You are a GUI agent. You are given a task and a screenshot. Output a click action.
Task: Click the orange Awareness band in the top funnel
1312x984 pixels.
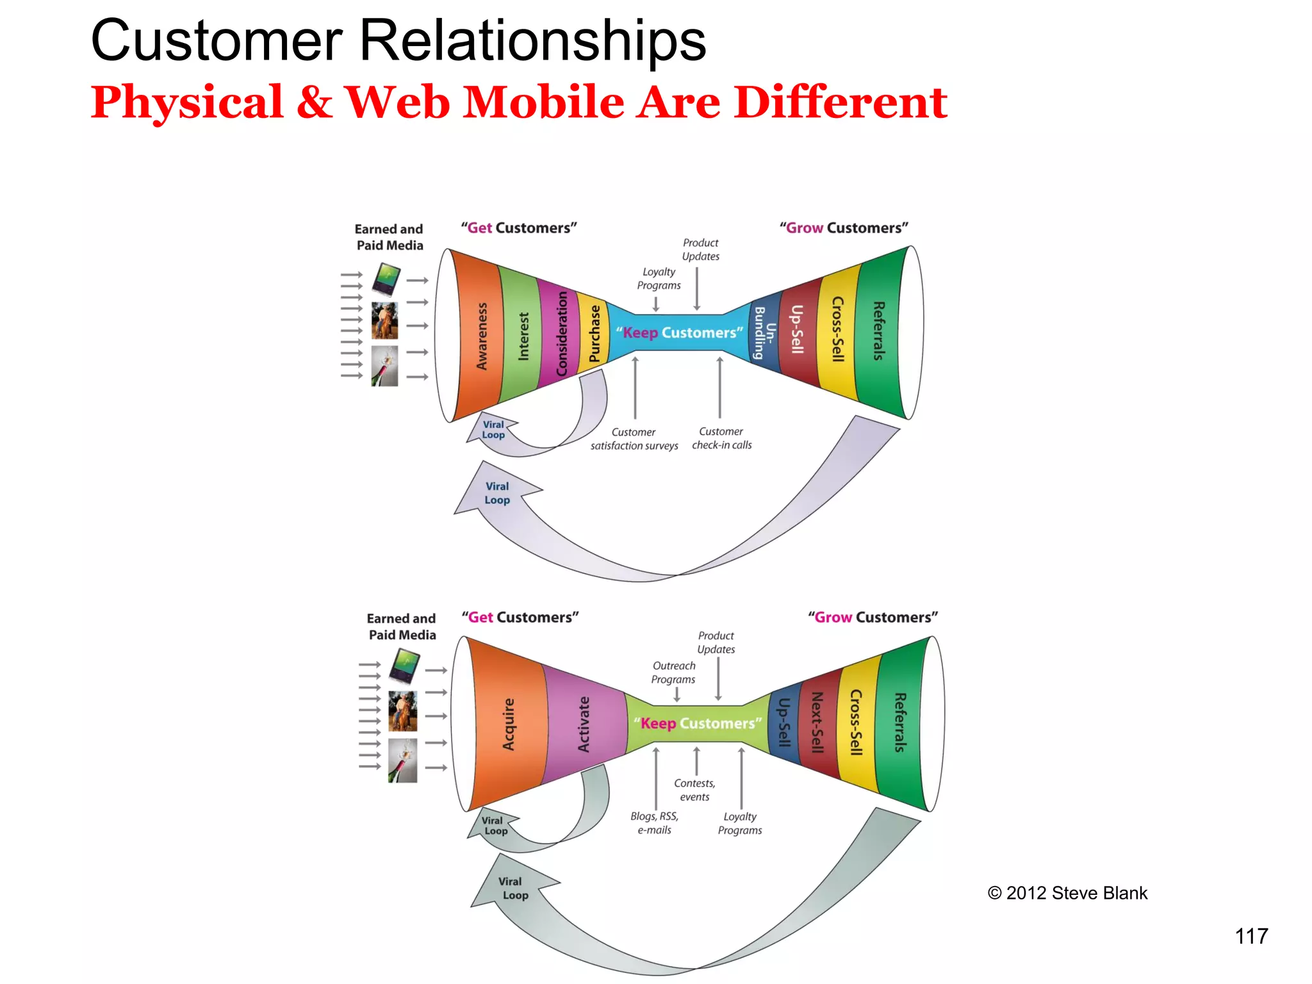click(x=481, y=336)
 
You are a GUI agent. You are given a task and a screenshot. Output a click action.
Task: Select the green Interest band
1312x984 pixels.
click(x=523, y=336)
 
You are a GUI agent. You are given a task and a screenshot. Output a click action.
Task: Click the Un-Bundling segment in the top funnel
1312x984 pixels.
click(x=764, y=332)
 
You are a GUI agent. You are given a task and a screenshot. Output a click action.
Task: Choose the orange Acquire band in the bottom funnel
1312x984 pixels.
click(x=508, y=725)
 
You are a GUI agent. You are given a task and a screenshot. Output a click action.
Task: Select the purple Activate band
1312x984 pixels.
click(x=583, y=725)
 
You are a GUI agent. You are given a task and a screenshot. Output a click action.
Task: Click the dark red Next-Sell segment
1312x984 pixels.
click(x=817, y=723)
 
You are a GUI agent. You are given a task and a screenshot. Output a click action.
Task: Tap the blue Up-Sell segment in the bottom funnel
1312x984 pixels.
click(x=783, y=723)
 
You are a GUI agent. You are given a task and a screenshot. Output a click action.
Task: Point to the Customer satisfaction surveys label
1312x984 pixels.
click(x=634, y=439)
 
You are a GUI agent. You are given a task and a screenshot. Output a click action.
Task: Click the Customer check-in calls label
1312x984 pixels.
click(x=721, y=438)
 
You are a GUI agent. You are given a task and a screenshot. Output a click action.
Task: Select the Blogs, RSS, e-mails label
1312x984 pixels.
click(x=654, y=823)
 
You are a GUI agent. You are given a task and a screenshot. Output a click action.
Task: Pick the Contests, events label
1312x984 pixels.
click(x=694, y=790)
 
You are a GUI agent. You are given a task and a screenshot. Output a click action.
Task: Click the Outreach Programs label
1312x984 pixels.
click(x=673, y=673)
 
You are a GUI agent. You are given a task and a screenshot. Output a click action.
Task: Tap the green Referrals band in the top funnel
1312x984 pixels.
click(x=879, y=331)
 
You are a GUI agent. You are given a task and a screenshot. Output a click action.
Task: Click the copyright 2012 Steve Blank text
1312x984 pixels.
click(x=1067, y=893)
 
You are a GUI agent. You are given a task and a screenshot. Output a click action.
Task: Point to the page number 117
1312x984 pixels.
click(x=1250, y=937)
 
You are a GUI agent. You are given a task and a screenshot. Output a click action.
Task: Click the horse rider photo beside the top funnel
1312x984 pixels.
click(x=384, y=320)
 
